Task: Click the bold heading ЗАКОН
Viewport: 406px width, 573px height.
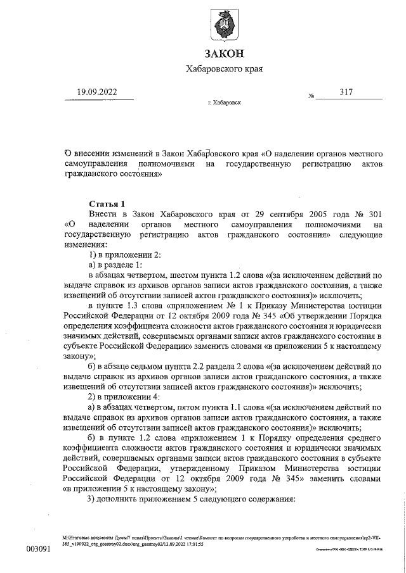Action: (223, 53)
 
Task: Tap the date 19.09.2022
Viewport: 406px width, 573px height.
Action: (96, 92)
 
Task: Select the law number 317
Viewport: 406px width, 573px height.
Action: (346, 92)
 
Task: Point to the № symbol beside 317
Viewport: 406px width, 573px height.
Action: (311, 97)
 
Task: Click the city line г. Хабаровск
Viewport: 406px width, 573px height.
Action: (224, 103)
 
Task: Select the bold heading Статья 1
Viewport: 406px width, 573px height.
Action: (107, 203)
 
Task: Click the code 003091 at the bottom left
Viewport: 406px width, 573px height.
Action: (37, 548)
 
